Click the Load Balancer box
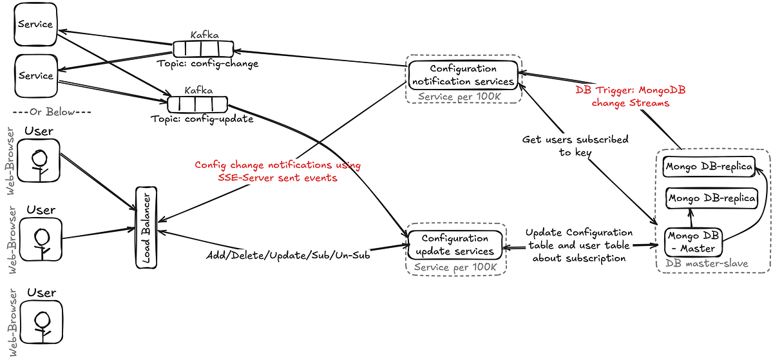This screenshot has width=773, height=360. click(x=146, y=228)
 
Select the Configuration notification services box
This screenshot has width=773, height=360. click(x=463, y=75)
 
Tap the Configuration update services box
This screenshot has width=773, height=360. click(x=454, y=245)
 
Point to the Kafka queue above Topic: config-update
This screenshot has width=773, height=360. click(x=197, y=104)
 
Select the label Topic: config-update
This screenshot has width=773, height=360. click(x=202, y=119)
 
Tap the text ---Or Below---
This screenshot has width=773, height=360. click(x=52, y=112)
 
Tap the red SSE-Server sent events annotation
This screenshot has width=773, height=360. click(x=278, y=171)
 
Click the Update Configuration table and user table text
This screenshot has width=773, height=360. click(x=578, y=245)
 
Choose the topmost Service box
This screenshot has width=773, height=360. click(x=35, y=24)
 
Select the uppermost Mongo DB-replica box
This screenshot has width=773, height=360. click(x=708, y=167)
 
